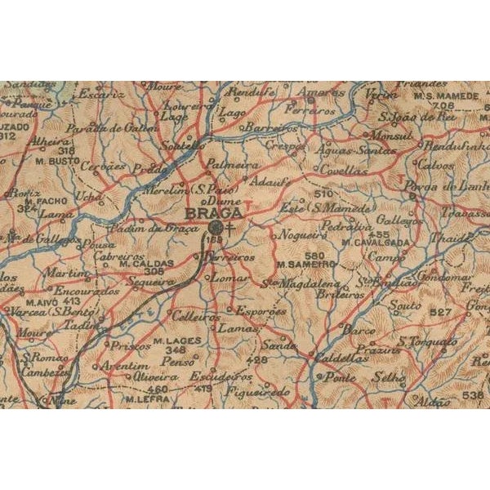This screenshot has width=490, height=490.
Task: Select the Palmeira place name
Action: point(225,163)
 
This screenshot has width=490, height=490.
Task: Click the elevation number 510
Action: point(324,194)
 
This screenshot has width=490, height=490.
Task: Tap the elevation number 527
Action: point(440,313)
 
